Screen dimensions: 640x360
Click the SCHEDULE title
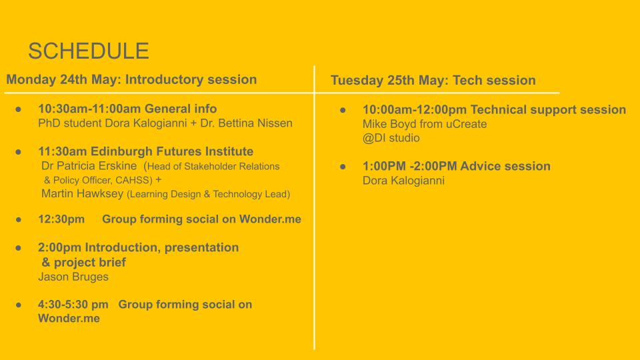point(89,51)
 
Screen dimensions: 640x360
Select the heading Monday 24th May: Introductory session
point(131,79)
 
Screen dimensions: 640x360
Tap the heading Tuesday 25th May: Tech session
point(433,80)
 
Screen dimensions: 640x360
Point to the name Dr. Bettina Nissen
point(246,123)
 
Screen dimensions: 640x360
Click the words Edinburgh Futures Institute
point(172,151)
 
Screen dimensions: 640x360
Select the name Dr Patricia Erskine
point(89,166)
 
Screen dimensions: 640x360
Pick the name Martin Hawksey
point(82,193)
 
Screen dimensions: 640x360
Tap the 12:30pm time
point(61,219)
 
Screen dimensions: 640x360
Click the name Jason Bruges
point(73,277)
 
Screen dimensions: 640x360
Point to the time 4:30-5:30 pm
point(73,305)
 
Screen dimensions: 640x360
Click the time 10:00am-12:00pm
point(415,110)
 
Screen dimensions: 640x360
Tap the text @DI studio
point(391,138)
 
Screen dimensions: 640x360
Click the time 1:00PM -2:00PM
point(410,166)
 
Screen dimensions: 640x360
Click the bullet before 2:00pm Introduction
point(19,248)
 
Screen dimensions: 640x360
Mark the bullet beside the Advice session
point(343,167)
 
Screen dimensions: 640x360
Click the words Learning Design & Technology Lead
point(209,194)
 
